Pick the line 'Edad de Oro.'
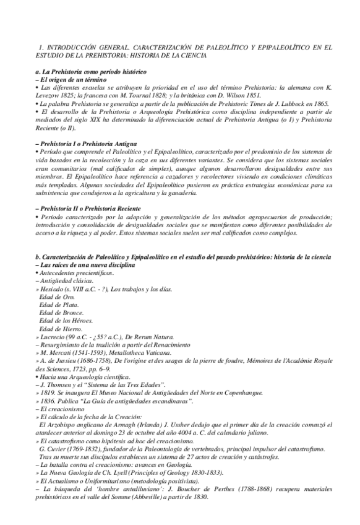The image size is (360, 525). (58, 296)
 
